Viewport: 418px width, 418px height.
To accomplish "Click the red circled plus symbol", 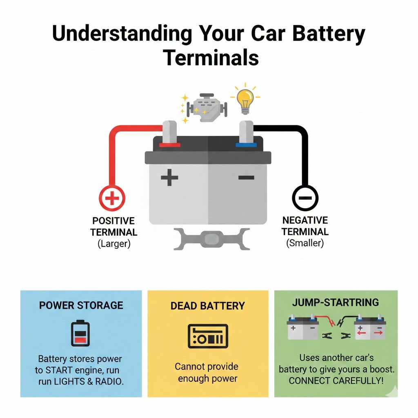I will point(112,198).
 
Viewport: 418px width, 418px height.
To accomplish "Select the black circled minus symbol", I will point(305,198).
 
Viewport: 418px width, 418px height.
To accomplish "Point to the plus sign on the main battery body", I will point(170,178).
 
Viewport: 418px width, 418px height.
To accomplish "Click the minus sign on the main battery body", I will point(246,177).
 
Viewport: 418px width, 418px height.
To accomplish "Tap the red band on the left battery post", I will point(170,145).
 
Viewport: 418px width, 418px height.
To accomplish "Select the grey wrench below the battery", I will point(211,239).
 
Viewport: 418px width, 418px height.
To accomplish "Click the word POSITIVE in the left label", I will point(113,221).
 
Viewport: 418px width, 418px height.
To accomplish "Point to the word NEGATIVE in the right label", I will point(305,220).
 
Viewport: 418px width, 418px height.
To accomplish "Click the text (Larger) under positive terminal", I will point(113,244).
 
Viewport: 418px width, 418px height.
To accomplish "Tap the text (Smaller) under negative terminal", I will point(305,243).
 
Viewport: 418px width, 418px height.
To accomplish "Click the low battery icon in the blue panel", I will point(80,333).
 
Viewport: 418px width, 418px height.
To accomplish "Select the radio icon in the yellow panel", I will point(208,336).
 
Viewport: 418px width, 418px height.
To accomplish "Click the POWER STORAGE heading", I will point(81,305).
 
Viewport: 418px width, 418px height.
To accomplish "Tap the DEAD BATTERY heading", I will point(208,306).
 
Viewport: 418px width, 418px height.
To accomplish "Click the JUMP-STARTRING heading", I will point(336,302).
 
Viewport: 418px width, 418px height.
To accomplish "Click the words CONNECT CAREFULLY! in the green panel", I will point(336,380).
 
